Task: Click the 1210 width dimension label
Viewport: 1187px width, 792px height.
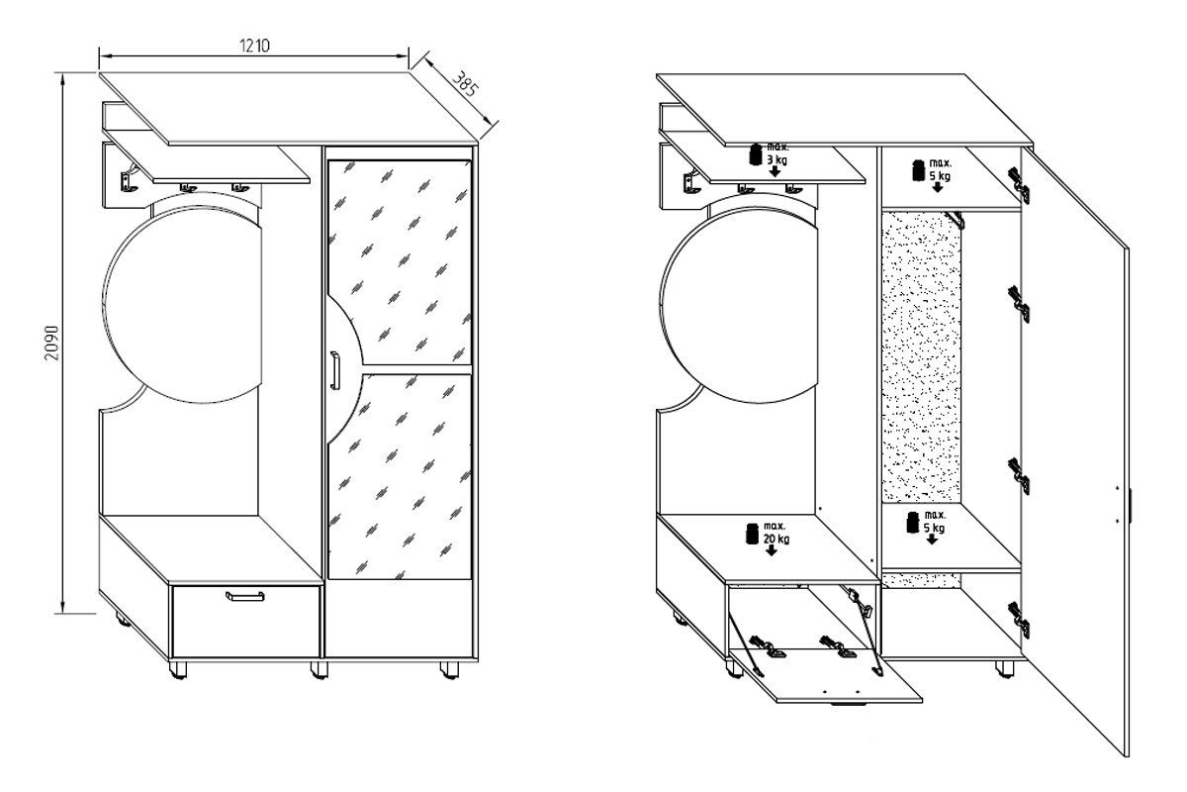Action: coord(254,46)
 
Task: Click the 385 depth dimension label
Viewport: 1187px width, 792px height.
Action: coord(465,84)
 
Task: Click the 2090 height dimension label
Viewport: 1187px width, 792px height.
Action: coord(51,343)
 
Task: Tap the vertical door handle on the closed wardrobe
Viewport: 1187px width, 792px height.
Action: coord(334,370)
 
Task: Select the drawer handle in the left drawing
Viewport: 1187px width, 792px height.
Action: coord(245,596)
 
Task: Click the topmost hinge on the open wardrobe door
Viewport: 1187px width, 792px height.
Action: coord(1020,185)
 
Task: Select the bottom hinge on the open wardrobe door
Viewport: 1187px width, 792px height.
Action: coord(1020,620)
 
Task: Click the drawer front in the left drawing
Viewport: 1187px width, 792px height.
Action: coord(246,622)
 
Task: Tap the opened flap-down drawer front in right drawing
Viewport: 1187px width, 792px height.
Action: coord(826,676)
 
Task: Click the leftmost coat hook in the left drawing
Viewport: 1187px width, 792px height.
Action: coord(129,179)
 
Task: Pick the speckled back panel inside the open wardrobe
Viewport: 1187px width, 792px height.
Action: coord(922,356)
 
